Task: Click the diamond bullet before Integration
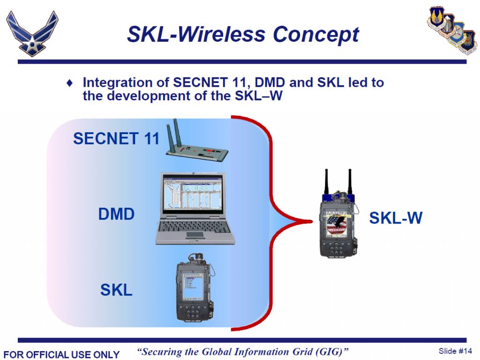click(x=70, y=83)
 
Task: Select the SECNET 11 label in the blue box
click(x=116, y=139)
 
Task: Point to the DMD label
click(x=116, y=215)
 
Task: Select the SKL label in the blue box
click(x=116, y=290)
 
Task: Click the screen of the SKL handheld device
click(x=193, y=281)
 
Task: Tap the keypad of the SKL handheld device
click(x=193, y=309)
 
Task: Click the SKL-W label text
click(x=396, y=218)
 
